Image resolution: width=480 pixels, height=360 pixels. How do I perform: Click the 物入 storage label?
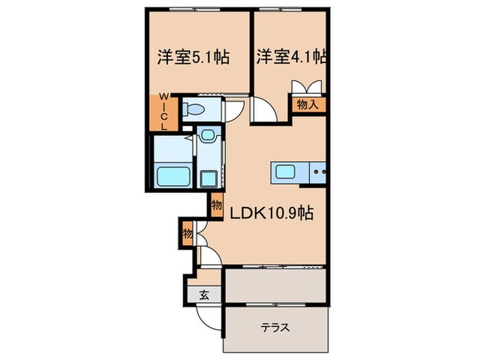click(307, 104)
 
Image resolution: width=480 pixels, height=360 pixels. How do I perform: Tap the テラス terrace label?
click(274, 327)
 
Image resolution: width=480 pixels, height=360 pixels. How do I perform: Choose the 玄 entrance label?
click(204, 296)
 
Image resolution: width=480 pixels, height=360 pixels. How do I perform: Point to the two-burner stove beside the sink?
click(317, 171)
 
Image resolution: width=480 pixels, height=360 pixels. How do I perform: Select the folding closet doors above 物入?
click(307, 88)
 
